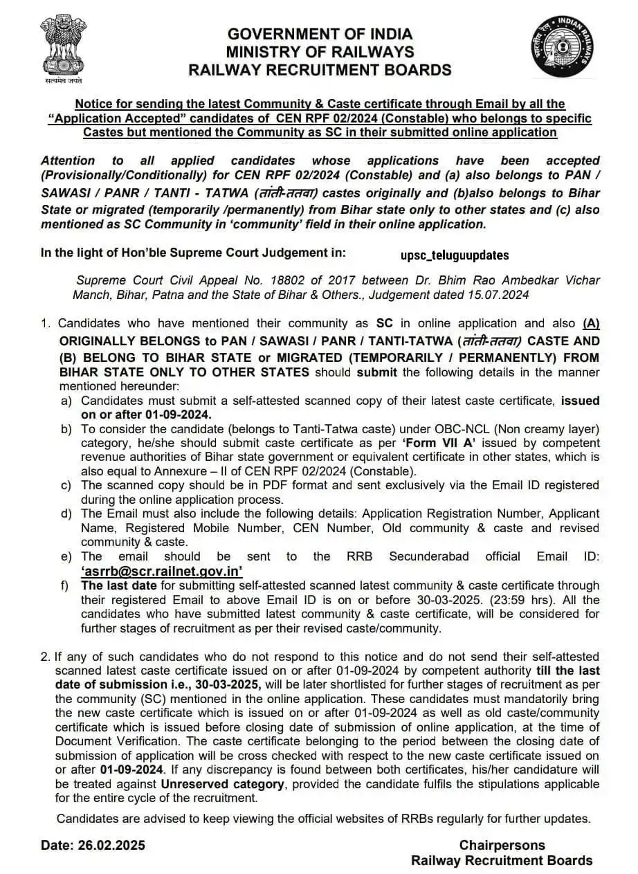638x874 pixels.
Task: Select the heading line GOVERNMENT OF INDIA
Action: coord(320,34)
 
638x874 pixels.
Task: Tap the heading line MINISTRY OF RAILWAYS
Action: coord(320,52)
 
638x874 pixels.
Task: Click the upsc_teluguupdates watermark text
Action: coord(455,255)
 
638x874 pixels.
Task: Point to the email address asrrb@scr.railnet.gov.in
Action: coord(162,571)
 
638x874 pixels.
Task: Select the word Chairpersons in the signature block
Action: coord(502,845)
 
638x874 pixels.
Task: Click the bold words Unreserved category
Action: coord(223,784)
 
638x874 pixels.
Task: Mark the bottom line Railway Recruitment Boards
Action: coord(502,860)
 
